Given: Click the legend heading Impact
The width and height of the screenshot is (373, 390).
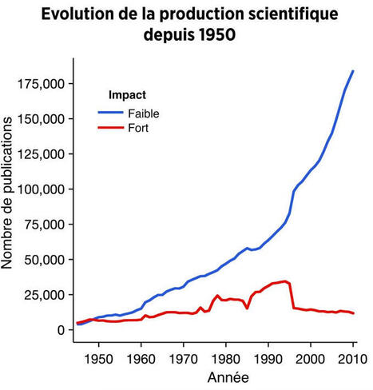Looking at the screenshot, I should coord(127,95).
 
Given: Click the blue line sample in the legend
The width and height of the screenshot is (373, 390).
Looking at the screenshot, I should coord(110,113).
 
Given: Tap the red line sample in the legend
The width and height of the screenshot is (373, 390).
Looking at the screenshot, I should coord(110,127).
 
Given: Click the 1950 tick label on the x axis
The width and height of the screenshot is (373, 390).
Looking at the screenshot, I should coord(98,358).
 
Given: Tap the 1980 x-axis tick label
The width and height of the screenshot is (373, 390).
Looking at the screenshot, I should coord(226,358).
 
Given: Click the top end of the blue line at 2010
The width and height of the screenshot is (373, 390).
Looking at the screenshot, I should coord(353,71).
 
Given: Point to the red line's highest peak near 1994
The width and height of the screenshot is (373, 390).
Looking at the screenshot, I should coord(285,281).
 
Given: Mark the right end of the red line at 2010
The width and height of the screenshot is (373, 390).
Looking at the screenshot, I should coord(353,313).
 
